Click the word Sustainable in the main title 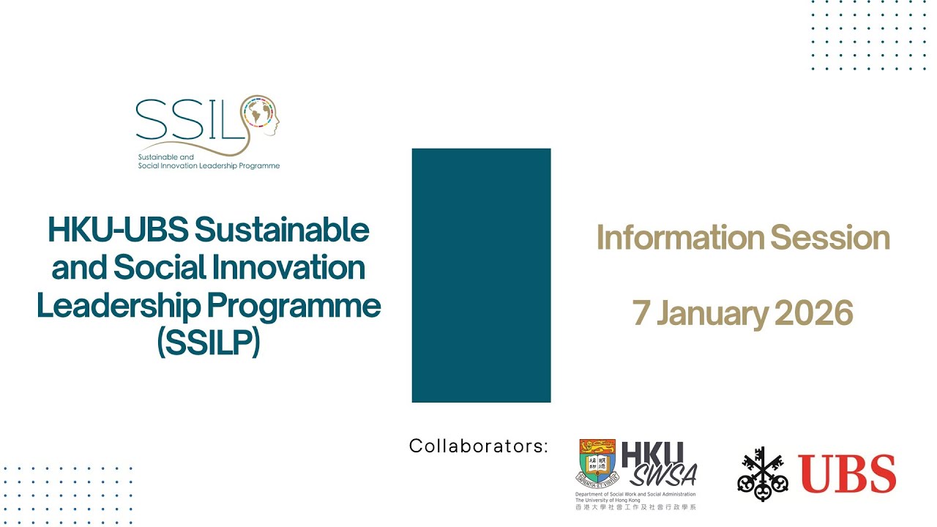pyautogui.click(x=282, y=231)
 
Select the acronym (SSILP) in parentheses pyautogui.click(x=209, y=343)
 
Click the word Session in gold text pyautogui.click(x=830, y=238)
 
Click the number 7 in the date pyautogui.click(x=641, y=313)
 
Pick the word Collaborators pyautogui.click(x=478, y=446)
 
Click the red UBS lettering pyautogui.click(x=847, y=474)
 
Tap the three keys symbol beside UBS pyautogui.click(x=763, y=474)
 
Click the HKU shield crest pyautogui.click(x=597, y=463)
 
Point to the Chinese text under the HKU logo pyautogui.click(x=635, y=507)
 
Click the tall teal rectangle pyautogui.click(x=481, y=275)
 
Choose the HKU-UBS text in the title pyautogui.click(x=117, y=231)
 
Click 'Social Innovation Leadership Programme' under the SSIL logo pyautogui.click(x=209, y=166)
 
